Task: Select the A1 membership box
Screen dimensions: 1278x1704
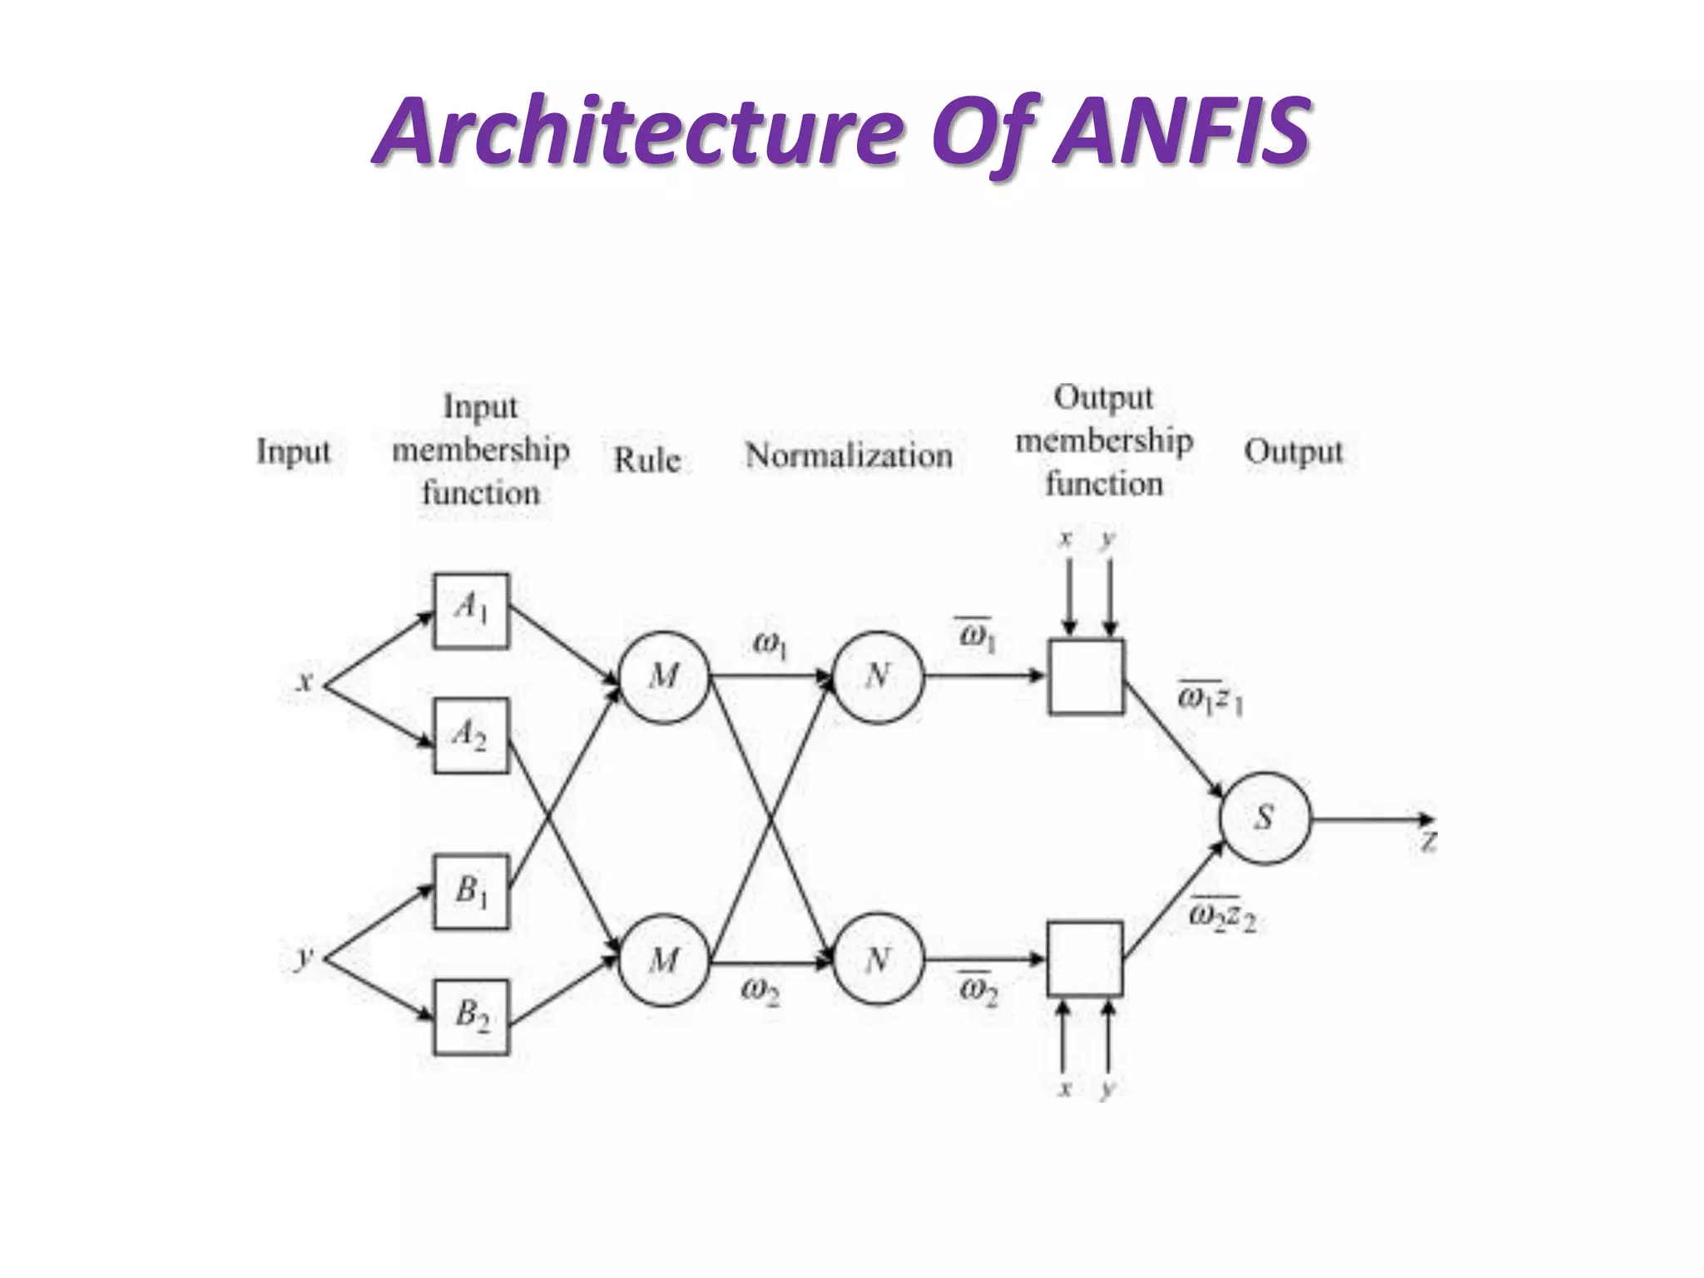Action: coord(471,611)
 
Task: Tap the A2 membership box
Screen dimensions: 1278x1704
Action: coord(471,736)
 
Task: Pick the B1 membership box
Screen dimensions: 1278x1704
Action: coord(471,892)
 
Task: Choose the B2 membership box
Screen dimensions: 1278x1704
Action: coord(471,1017)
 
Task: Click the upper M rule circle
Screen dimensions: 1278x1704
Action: coord(664,676)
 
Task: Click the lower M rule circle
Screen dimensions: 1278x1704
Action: coord(664,961)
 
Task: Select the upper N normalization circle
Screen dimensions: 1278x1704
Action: coord(878,676)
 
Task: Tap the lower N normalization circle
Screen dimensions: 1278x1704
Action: coord(878,961)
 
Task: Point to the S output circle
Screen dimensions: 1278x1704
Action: coord(1265,819)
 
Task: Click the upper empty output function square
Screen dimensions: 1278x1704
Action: coord(1086,676)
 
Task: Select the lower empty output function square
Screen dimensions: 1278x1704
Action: coord(1086,958)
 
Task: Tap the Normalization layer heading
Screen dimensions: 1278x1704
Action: coord(848,455)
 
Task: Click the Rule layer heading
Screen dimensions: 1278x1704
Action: coord(646,459)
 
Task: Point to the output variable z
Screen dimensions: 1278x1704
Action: coord(1428,842)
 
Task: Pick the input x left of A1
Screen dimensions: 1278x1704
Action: coord(305,682)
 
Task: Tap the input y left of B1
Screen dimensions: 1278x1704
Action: coord(305,958)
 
